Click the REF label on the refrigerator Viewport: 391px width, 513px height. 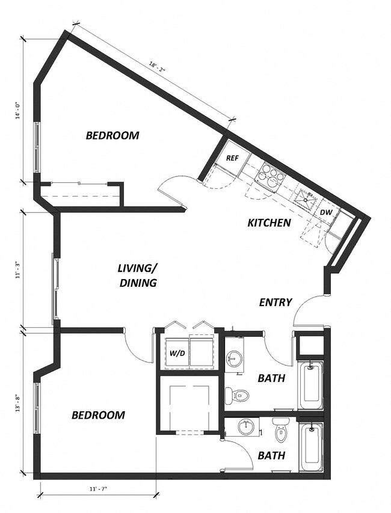tap(233, 158)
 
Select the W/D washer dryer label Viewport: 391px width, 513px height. tap(178, 353)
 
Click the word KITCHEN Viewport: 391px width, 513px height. tap(269, 223)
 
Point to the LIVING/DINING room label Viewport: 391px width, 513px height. tap(138, 275)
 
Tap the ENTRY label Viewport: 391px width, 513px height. tap(276, 303)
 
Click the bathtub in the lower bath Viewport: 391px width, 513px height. tap(310, 447)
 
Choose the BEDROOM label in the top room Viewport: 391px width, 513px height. tap(112, 136)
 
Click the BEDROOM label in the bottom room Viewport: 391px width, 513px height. tap(99, 415)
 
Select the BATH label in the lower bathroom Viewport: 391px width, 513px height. tap(271, 456)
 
